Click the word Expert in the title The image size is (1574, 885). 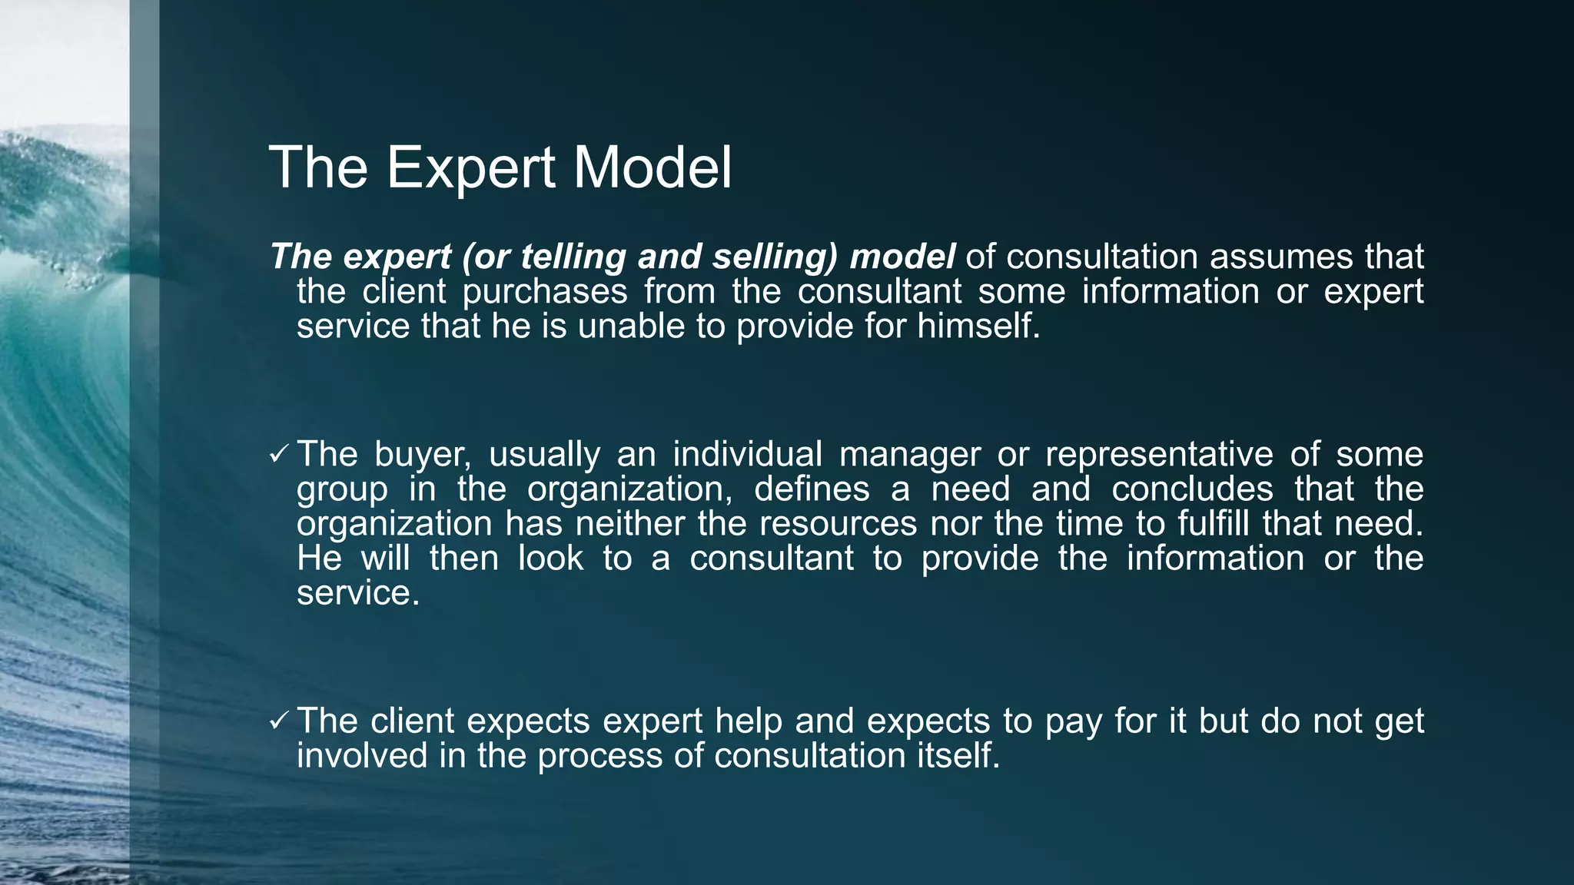click(470, 168)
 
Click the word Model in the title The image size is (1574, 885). click(653, 168)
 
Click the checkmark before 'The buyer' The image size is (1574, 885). click(278, 455)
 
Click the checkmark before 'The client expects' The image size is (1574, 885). click(278, 721)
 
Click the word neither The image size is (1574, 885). click(630, 524)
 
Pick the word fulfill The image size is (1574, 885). click(1214, 524)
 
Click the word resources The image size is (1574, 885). click(838, 524)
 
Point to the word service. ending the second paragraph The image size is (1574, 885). click(358, 593)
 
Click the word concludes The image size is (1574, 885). click(1192, 489)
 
